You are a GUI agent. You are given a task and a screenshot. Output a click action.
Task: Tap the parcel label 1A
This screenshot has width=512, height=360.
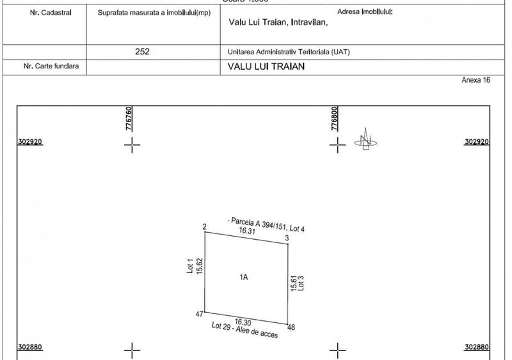point(243,278)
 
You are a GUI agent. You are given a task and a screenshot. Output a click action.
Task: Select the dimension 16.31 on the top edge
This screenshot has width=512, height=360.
point(247,231)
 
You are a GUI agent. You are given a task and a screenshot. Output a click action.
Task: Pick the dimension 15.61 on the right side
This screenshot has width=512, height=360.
point(294,283)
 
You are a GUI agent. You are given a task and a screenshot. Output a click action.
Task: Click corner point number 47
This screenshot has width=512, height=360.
point(198,315)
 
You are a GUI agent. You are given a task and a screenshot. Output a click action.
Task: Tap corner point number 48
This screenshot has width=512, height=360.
point(291,327)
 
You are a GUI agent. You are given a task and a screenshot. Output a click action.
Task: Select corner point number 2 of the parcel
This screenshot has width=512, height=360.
point(204,227)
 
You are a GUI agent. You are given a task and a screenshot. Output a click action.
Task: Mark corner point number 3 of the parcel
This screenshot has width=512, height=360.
point(287,239)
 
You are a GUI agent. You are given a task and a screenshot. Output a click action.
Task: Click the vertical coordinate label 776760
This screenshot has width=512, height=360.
point(129,119)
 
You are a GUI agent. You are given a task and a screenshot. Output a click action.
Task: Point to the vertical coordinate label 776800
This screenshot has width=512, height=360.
point(335,119)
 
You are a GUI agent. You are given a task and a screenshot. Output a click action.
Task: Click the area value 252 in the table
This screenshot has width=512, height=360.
point(143,52)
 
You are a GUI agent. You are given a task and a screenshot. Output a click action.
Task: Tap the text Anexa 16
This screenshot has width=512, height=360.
point(476,81)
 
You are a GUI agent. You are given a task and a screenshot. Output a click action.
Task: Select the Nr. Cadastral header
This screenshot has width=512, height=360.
point(45,12)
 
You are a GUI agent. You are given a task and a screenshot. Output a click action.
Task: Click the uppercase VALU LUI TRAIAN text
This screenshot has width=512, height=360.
point(266,67)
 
